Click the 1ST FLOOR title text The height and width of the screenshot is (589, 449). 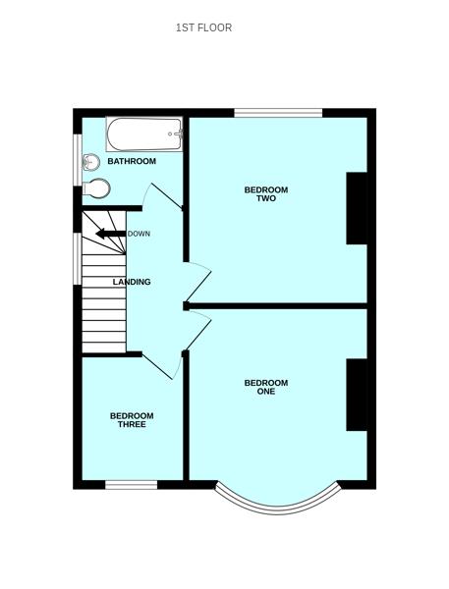pos(203,27)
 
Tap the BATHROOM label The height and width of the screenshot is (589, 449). pos(132,161)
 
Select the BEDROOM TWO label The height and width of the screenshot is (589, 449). pos(266,193)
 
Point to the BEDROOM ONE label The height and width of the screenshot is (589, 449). pos(266,387)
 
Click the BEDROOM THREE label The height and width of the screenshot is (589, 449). pos(132,420)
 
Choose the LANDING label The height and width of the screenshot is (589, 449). pos(132,282)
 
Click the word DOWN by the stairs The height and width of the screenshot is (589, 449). pos(139,234)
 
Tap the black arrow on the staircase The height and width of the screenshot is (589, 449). pos(109,234)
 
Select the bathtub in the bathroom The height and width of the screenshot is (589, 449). pos(144,134)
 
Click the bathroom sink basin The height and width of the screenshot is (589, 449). pos(92,162)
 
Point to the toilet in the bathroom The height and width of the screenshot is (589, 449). pos(95,187)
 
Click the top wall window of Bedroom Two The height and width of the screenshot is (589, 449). pos(278,112)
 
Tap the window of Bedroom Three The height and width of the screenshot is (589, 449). pos(132,484)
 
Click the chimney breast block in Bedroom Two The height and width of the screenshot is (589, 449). pos(356,208)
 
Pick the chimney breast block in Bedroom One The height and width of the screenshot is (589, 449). pos(356,395)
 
